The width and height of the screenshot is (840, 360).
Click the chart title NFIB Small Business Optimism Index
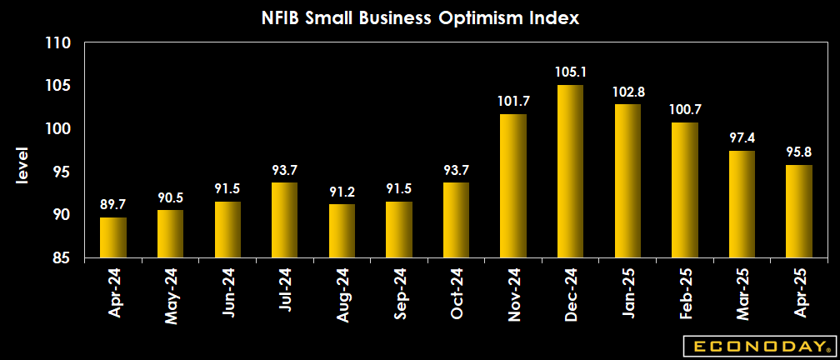pos(419,17)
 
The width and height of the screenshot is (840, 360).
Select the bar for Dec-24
pos(570,172)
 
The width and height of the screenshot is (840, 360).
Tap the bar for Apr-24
pos(113,237)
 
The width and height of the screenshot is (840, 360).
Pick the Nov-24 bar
pos(513,186)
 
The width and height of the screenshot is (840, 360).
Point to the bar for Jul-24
pos(284,220)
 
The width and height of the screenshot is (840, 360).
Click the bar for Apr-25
pos(799,212)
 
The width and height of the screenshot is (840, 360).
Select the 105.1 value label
pos(570,72)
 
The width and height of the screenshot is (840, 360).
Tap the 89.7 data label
pos(113,205)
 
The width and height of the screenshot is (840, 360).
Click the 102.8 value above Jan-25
pos(627,92)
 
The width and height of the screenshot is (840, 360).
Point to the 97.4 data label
pos(742,138)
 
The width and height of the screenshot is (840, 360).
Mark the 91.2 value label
pos(342,192)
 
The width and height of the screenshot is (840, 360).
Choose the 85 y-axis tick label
pos(63,258)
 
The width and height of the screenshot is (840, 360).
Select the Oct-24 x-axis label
pos(457,292)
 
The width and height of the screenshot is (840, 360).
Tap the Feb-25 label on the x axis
pos(685,292)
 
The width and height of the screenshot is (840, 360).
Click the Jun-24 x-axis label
pos(228,292)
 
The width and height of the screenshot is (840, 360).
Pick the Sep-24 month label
pos(399,292)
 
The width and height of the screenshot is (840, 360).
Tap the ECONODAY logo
pos(757,346)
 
